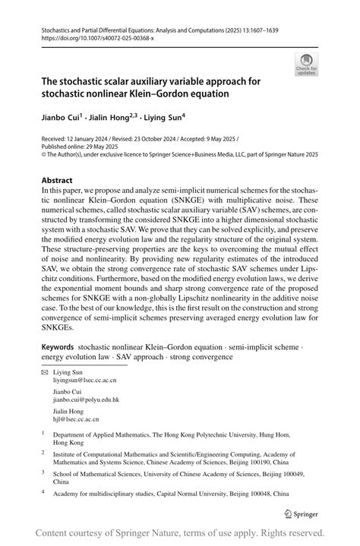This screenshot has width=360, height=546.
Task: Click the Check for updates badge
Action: pos(307,65)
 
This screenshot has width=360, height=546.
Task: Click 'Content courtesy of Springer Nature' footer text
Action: pos(114,532)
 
